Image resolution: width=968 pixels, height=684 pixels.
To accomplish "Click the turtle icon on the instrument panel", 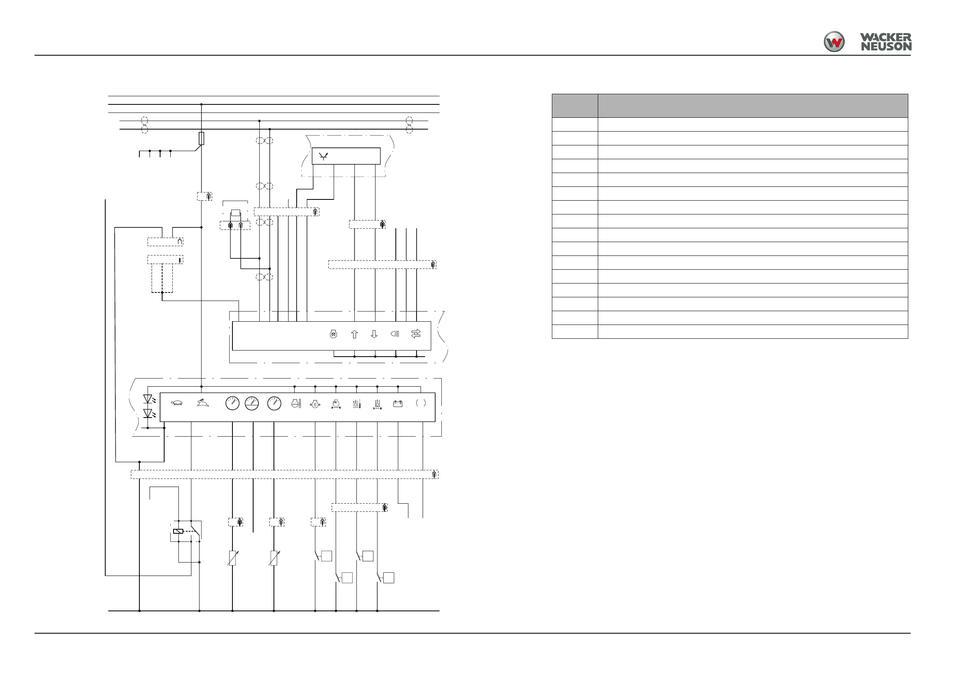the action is coord(177,403).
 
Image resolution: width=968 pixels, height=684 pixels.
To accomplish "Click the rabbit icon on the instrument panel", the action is coord(203,403).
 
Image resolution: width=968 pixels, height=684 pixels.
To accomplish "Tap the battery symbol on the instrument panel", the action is coord(397,404).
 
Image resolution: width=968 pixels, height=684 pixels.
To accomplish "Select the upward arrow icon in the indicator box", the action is coord(354,334).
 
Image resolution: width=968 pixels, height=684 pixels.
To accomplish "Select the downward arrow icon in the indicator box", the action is coord(374,334).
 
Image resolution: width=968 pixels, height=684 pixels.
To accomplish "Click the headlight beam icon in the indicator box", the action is coord(395,334).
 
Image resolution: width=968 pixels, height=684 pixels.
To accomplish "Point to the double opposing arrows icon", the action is coord(416,334).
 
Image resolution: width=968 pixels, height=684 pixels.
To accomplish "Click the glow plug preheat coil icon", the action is coord(333,334).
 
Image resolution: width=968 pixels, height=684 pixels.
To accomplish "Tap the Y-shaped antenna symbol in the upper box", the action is coord(323,157).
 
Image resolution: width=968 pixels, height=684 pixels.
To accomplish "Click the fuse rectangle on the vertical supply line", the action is coord(202,138).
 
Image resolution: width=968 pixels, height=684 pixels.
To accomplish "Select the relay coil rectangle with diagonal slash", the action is coord(178,531).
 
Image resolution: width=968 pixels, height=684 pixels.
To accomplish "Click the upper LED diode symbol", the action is coord(148,399).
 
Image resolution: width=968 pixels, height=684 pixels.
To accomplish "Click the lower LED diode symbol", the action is coord(148,413).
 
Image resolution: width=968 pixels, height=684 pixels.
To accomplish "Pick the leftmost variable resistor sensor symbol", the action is coord(232,558).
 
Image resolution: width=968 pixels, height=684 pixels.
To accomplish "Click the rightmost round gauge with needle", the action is coord(274,403).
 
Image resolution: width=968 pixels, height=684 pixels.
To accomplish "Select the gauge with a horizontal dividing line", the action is coord(252,403).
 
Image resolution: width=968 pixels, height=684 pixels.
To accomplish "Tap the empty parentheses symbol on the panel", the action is coord(421,403).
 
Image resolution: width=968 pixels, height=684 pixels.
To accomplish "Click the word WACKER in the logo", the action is coord(886,38).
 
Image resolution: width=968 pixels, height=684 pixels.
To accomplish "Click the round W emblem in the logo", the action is coord(834,42).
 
